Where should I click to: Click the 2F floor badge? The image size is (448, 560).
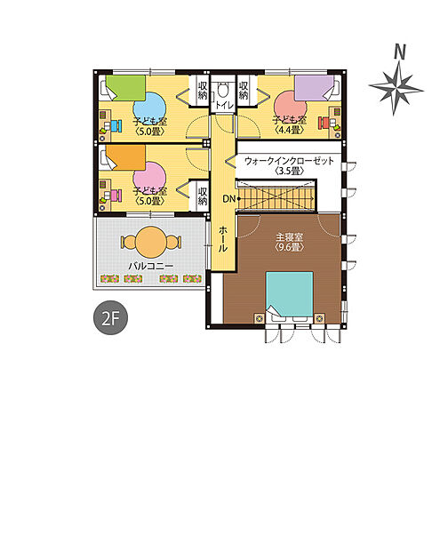[110, 318]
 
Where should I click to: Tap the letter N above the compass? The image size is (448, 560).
[400, 52]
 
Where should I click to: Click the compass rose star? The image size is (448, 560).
[396, 87]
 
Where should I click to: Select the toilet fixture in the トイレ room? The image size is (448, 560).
[223, 90]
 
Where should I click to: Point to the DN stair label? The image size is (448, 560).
[229, 198]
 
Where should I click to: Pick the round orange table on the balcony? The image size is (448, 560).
[151, 242]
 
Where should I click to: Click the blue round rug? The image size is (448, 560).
[150, 108]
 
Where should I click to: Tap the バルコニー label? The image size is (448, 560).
[151, 266]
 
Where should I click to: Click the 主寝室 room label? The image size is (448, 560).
[289, 237]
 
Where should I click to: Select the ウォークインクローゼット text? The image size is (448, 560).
[289, 161]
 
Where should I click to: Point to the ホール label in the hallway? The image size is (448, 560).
[222, 239]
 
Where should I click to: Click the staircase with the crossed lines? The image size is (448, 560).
[276, 197]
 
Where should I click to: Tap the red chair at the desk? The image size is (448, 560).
[324, 124]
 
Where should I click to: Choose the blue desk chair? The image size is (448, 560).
[116, 126]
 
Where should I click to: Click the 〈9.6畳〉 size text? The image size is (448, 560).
[289, 247]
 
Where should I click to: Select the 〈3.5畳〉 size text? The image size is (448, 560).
[290, 171]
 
